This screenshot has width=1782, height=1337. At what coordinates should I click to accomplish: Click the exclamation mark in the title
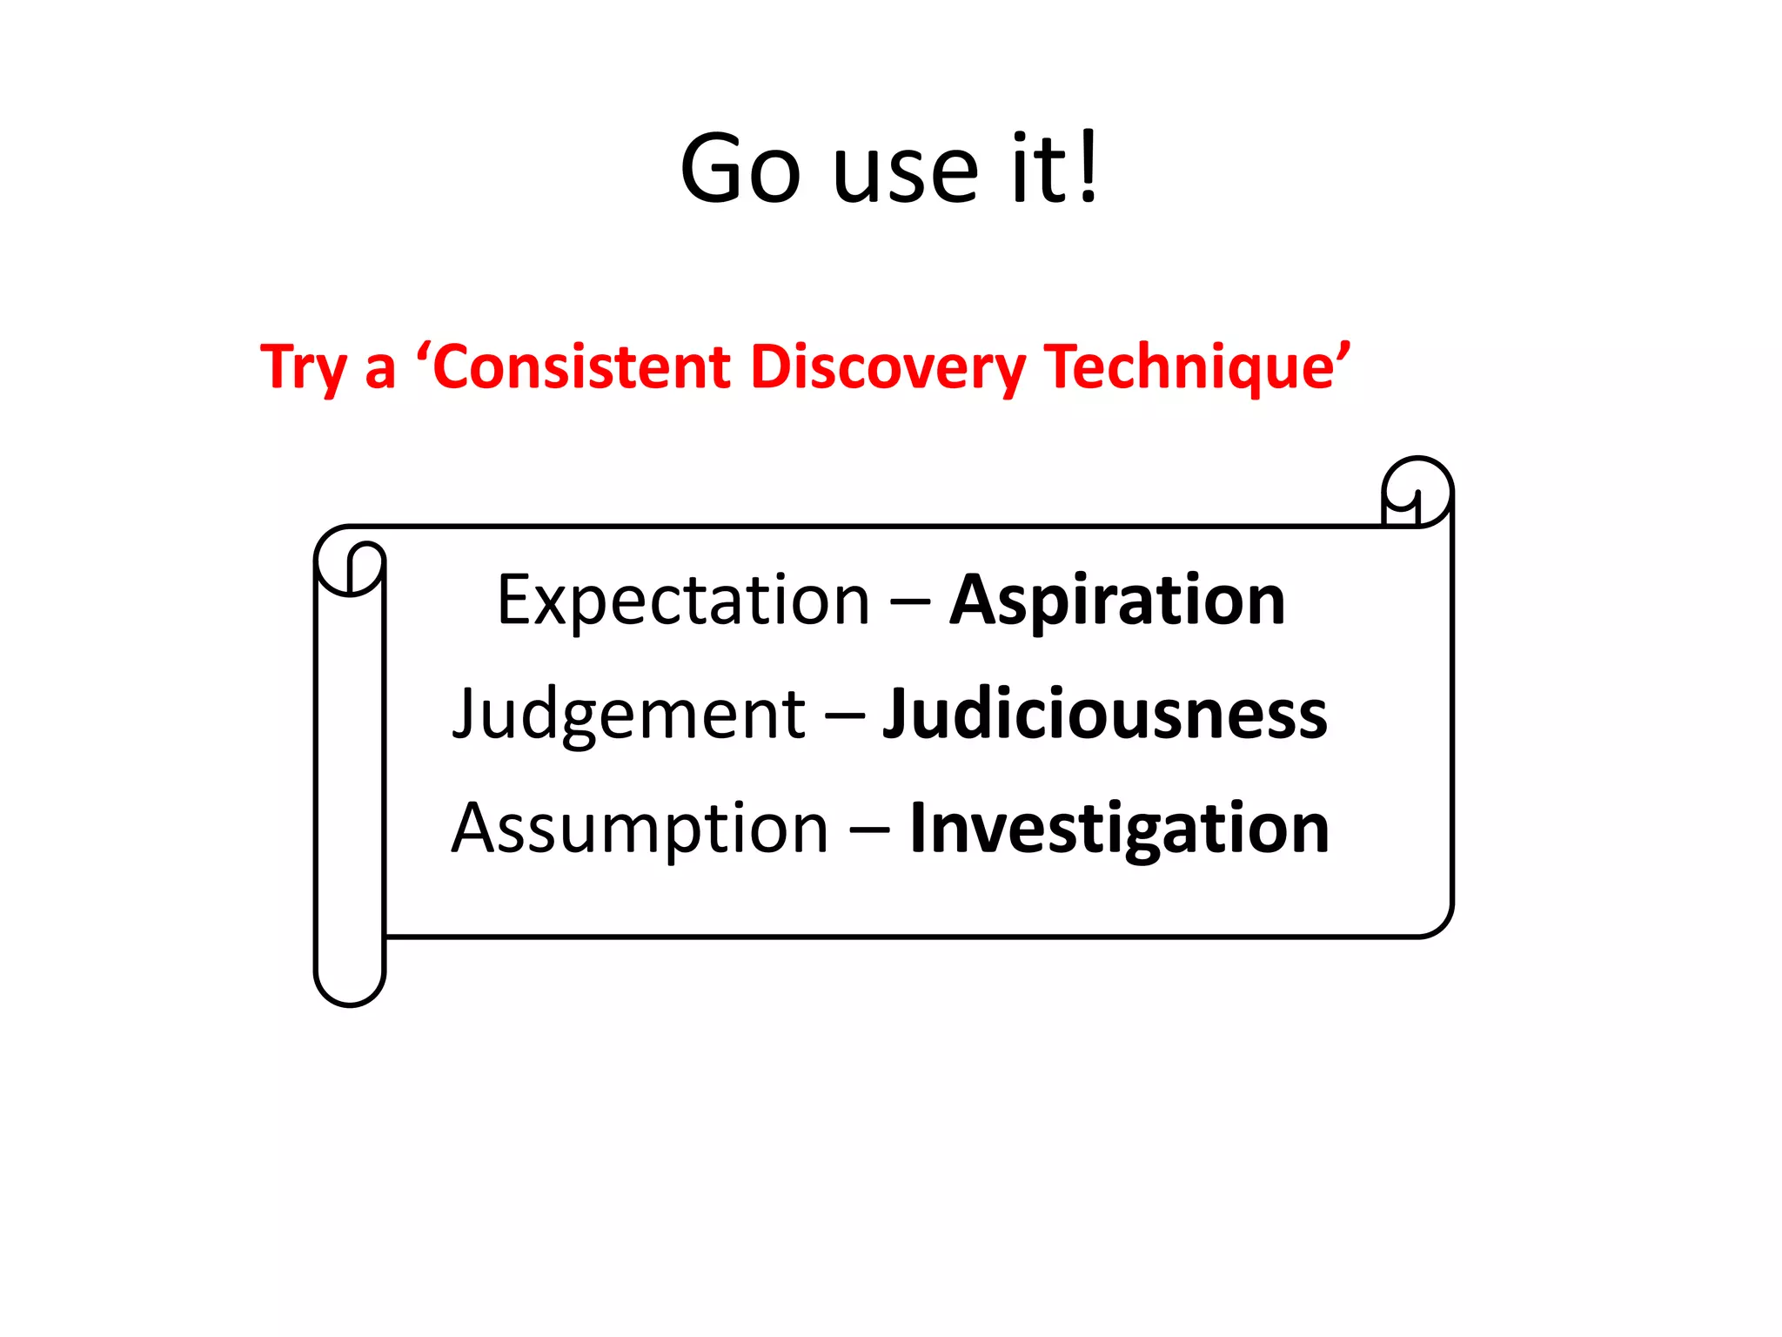tap(1089, 165)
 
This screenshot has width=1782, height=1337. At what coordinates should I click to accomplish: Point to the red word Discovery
tap(888, 367)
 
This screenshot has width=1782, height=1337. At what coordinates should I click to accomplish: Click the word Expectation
tap(683, 600)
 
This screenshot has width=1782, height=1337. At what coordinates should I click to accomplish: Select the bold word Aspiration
tap(1117, 601)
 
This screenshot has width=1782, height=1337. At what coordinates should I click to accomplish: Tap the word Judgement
tap(628, 714)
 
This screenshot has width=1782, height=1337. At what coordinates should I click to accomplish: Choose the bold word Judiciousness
tap(1105, 714)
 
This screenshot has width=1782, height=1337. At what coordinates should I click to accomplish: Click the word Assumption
tap(640, 829)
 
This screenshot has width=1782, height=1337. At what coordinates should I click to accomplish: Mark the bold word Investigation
tap(1119, 829)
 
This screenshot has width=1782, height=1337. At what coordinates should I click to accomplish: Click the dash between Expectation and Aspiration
tap(910, 601)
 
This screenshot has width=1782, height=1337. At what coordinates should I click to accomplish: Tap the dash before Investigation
tap(869, 830)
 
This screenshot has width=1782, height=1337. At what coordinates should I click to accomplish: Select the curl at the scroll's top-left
tap(351, 563)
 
